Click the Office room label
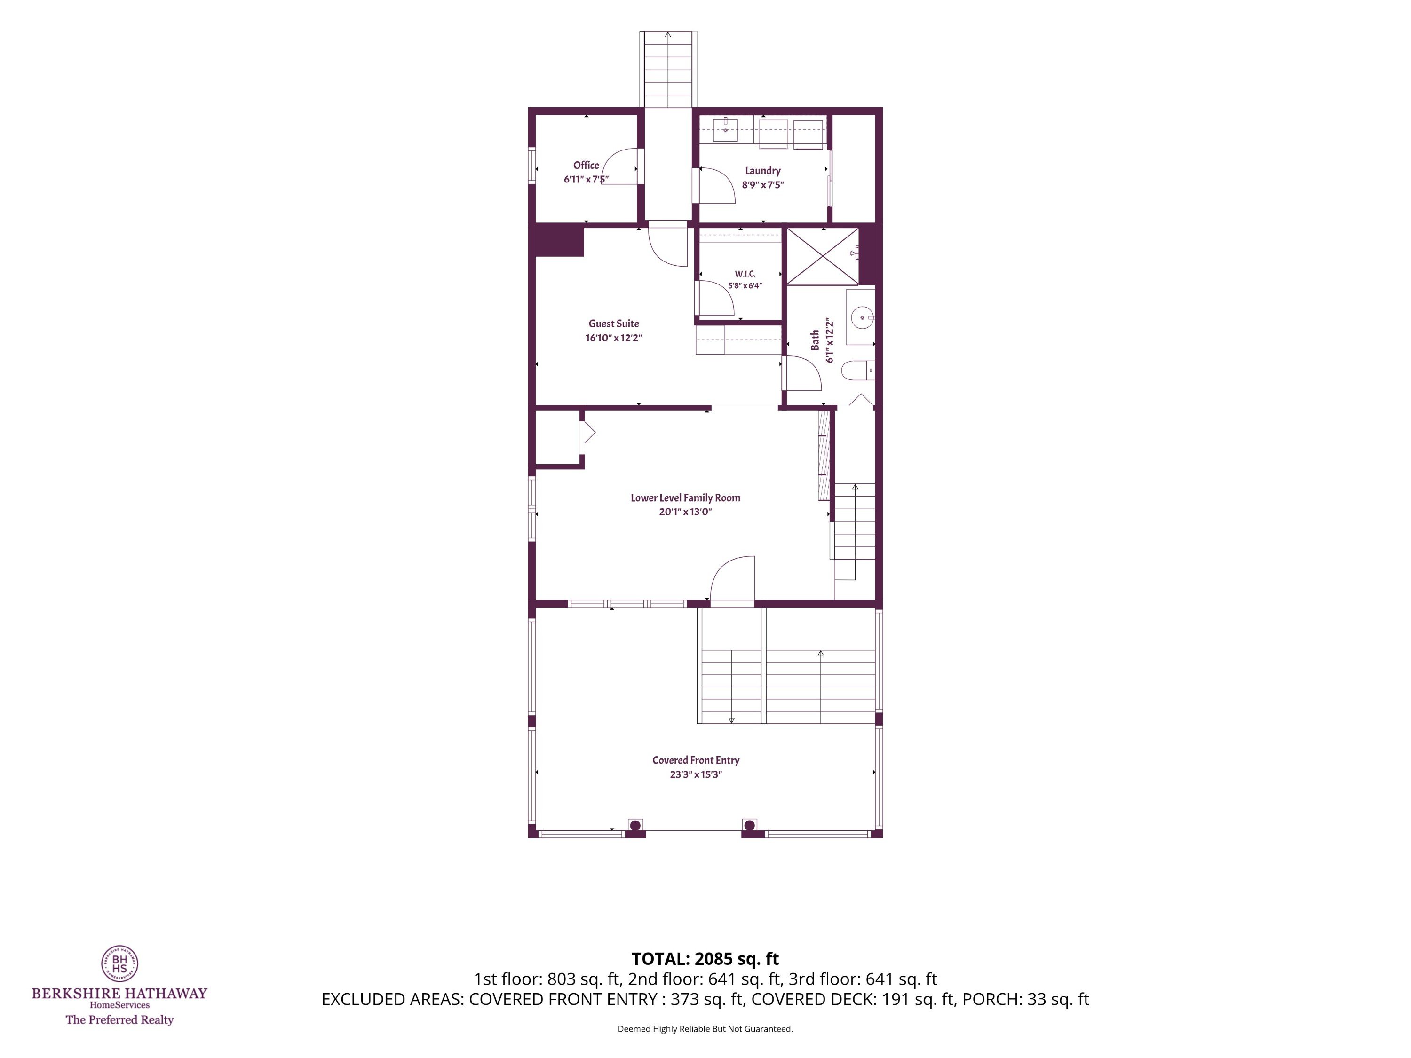(x=586, y=172)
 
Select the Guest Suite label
(x=614, y=331)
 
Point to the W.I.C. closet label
(x=745, y=280)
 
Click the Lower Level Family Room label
(x=686, y=505)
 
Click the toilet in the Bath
(x=857, y=371)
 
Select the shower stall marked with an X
(x=823, y=256)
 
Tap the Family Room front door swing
(x=732, y=578)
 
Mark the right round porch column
(x=750, y=825)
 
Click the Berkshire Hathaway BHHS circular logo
(x=120, y=963)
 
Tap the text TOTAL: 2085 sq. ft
(x=705, y=958)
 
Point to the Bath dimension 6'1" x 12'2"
(x=830, y=340)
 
